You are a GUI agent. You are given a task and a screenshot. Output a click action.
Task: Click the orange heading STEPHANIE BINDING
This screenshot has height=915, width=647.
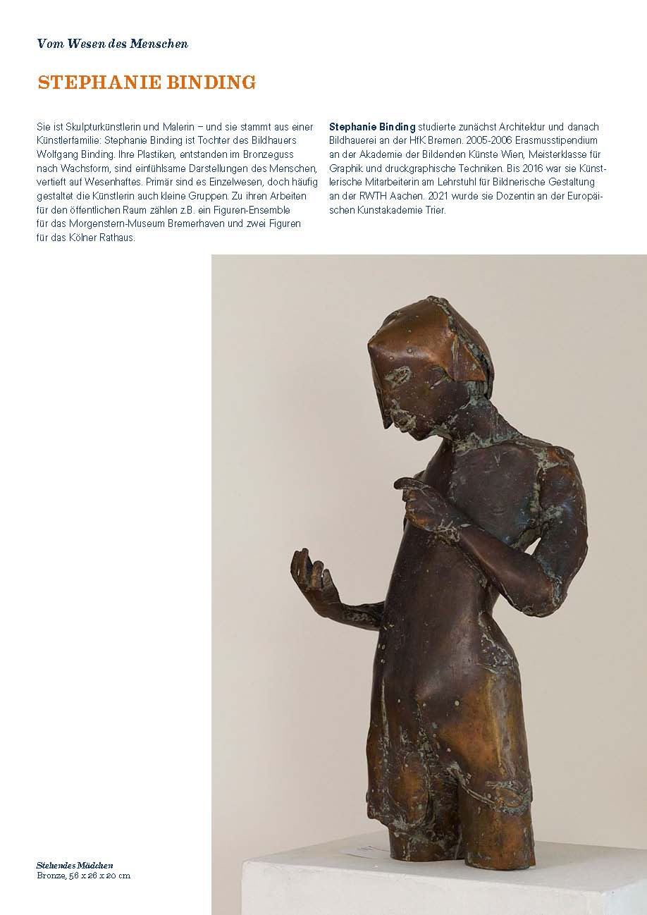147,82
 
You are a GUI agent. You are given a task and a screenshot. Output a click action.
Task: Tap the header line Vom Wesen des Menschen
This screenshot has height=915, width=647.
112,44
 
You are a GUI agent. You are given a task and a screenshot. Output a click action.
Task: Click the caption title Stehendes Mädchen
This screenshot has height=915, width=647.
75,865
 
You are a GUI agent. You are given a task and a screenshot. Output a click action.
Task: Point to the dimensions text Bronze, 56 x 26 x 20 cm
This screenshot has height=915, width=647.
83,876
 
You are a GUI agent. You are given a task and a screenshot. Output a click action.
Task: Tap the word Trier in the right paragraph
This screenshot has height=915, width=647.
432,210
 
